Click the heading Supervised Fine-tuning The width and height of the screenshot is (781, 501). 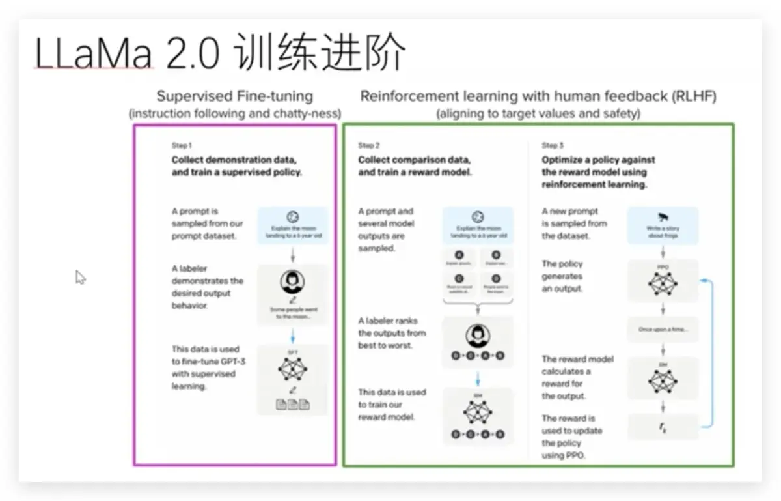(235, 96)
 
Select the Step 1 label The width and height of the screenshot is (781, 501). (181, 145)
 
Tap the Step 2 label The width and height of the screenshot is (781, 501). (369, 145)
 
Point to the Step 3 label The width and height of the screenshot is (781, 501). (553, 145)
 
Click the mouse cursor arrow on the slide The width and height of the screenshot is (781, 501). (80, 277)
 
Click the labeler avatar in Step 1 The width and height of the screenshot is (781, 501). (292, 282)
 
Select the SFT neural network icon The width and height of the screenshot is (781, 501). (292, 369)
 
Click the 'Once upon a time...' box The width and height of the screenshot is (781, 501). (663, 330)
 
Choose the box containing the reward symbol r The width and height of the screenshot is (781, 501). (663, 427)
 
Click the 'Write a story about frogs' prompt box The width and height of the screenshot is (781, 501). (663, 226)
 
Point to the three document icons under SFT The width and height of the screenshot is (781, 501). (292, 405)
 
